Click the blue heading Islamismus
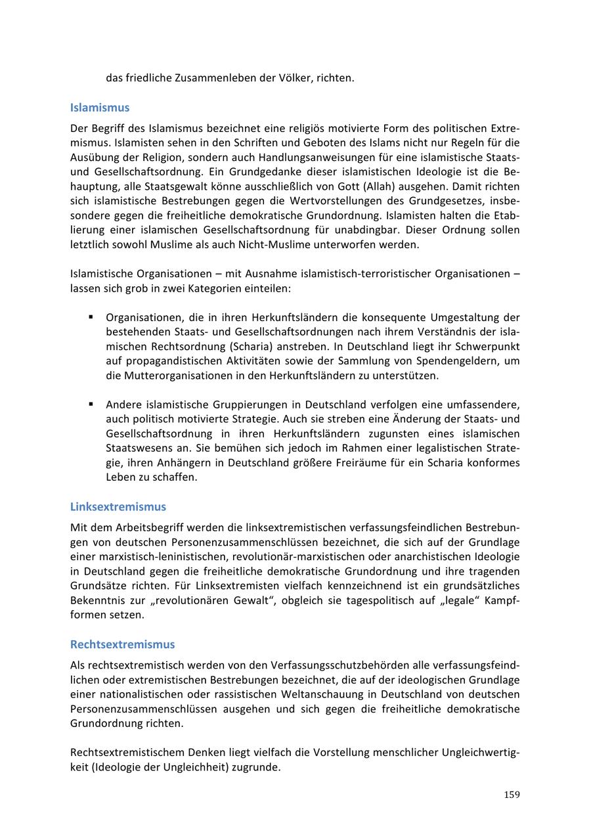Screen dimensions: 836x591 pyautogui.click(x=100, y=107)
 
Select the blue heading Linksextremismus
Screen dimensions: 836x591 pyautogui.click(x=118, y=506)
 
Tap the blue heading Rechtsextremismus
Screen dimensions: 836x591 pyautogui.click(x=123, y=644)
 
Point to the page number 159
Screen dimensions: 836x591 pyautogui.click(x=512, y=795)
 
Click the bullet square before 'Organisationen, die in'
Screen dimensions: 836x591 pyautogui.click(x=91, y=317)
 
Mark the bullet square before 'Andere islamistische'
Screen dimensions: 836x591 pyautogui.click(x=91, y=403)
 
